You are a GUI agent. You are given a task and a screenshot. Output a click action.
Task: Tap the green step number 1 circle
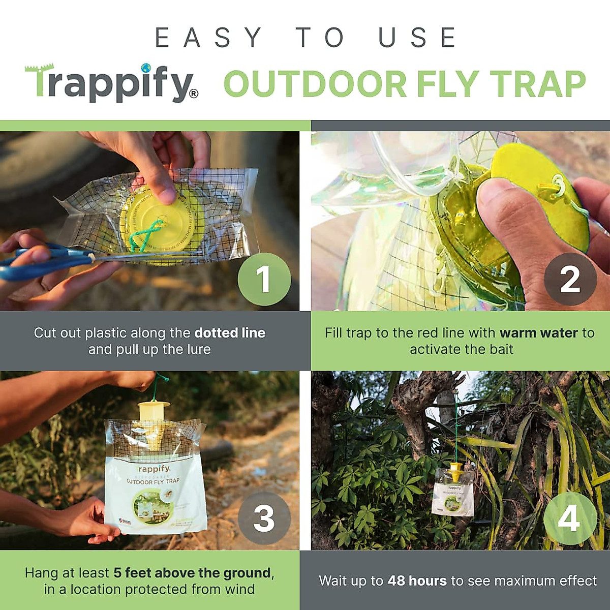(x=264, y=279)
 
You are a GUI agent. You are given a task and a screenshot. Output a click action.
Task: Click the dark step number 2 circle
(x=570, y=279)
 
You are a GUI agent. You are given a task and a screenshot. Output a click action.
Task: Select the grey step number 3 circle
(x=264, y=518)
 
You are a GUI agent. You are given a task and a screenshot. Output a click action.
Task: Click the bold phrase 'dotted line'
(x=230, y=333)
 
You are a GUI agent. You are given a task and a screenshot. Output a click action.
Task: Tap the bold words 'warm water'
(x=539, y=333)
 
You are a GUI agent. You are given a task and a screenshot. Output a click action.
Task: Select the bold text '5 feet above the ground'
(x=192, y=573)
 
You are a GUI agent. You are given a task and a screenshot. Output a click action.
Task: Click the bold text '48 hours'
(x=417, y=581)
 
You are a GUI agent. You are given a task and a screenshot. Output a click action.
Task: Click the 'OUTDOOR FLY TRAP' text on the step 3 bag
(x=153, y=481)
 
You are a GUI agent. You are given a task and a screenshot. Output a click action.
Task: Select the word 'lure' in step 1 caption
(x=198, y=350)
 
